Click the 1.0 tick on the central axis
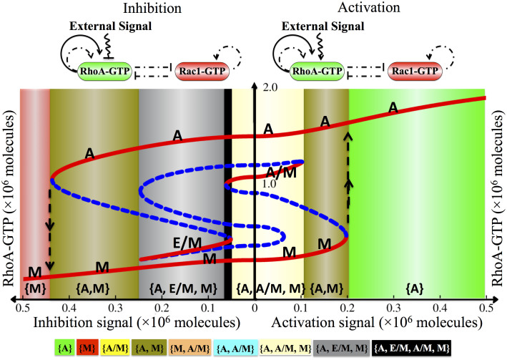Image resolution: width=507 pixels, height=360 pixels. pyautogui.click(x=267, y=183)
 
